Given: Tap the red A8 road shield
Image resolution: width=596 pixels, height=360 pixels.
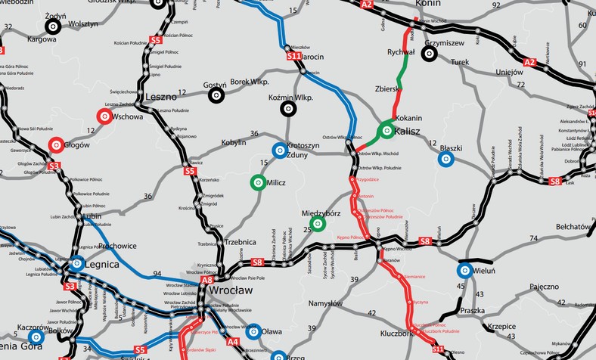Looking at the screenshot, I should point(207,280).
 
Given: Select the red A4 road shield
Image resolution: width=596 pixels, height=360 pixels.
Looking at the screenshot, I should point(232,342).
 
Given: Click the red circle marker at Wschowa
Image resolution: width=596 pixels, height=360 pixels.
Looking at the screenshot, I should point(104,116).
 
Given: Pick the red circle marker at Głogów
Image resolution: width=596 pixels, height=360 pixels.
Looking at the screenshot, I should point(55,144).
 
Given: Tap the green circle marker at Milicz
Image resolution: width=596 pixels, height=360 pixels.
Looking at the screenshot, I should point(257,182).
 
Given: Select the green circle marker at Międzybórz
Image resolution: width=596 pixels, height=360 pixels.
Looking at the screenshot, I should point(318,223).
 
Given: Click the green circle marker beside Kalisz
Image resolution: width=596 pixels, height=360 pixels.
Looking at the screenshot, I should point(386,131).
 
